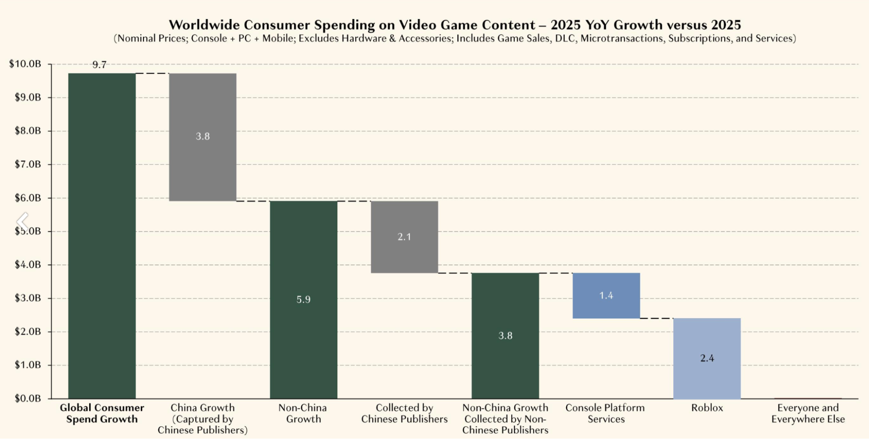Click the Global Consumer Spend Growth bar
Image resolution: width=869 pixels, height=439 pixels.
(102, 235)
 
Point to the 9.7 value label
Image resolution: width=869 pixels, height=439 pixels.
(99, 65)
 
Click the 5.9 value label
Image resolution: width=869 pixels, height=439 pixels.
(303, 299)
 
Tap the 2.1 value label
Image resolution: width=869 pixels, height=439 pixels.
(404, 237)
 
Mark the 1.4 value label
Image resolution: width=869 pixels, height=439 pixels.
(606, 295)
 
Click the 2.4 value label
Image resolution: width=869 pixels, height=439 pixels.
(707, 358)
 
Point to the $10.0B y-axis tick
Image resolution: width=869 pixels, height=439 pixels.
(25, 64)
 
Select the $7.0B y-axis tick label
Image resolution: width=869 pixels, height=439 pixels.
(27, 164)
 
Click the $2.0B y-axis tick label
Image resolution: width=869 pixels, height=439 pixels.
(27, 332)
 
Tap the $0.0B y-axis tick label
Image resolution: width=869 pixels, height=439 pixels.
(27, 398)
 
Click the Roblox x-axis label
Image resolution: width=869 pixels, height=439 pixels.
(707, 408)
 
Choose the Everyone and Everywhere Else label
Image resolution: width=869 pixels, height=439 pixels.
(808, 413)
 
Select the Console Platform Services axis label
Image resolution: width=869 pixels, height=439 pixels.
(605, 413)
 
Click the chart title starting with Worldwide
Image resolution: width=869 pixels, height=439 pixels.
(454, 24)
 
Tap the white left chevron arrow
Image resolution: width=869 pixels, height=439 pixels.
(22, 221)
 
